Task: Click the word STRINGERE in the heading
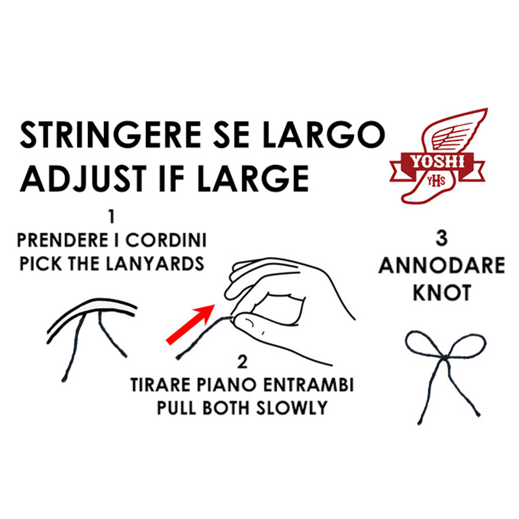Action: pyautogui.click(x=110, y=135)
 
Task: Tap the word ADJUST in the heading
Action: pyautogui.click(x=84, y=178)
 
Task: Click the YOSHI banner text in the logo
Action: pyautogui.click(x=437, y=162)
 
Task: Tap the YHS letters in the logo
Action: pyautogui.click(x=435, y=181)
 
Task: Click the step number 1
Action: pyautogui.click(x=112, y=217)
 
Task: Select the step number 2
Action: pyautogui.click(x=242, y=362)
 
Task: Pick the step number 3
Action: pyautogui.click(x=442, y=238)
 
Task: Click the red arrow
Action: pyautogui.click(x=190, y=325)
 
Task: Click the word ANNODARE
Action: pyautogui.click(x=442, y=266)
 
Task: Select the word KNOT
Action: pyautogui.click(x=442, y=292)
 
